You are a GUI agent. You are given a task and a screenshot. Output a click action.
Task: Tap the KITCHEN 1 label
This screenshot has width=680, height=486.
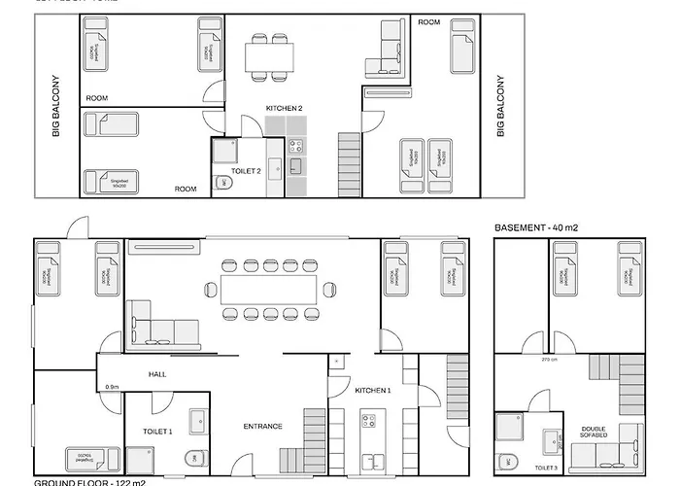click(x=372, y=390)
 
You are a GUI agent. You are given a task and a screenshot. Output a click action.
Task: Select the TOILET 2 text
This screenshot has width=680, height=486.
click(x=246, y=170)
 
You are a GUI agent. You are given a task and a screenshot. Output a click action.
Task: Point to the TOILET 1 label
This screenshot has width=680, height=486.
click(x=157, y=431)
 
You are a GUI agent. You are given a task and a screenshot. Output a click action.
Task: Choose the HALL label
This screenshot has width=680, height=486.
click(x=158, y=374)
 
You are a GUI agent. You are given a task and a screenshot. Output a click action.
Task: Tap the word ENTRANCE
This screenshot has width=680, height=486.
click(x=262, y=426)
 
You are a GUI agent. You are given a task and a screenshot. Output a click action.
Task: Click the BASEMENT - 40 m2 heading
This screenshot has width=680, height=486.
click(x=535, y=227)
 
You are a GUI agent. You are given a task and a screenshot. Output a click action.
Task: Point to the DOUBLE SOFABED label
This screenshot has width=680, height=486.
click(x=594, y=433)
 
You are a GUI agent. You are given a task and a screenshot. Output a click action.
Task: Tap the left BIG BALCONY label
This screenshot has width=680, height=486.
click(x=56, y=106)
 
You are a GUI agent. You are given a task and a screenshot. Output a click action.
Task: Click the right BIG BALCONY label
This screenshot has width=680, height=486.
click(x=499, y=106)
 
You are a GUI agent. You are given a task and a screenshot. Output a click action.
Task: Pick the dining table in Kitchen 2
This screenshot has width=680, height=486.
click(x=268, y=57)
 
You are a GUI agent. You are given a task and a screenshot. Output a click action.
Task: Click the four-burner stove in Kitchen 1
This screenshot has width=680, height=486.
click(x=369, y=420)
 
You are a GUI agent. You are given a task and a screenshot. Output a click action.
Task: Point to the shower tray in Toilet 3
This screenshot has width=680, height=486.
click(x=509, y=428)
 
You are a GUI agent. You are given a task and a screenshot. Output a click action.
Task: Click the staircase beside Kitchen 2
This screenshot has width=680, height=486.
click(x=348, y=156)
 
